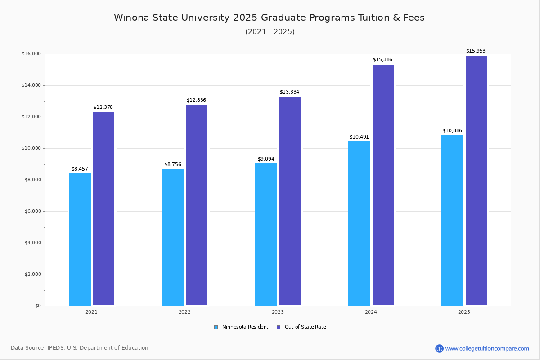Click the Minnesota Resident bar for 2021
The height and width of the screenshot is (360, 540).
point(80,239)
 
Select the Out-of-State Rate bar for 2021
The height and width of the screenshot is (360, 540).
point(103,209)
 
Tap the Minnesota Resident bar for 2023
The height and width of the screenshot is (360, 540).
point(266,234)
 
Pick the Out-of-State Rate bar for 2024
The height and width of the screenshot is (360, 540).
point(383,185)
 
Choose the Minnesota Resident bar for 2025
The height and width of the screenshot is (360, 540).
point(452,220)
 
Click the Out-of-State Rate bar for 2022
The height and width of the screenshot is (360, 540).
point(197,205)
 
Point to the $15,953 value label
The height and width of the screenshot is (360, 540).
point(476,51)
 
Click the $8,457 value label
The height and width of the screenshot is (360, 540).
point(80,169)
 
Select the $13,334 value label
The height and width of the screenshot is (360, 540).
point(289,92)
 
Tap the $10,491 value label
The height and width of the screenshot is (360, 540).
point(359,137)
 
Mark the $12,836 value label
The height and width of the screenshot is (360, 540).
point(196,100)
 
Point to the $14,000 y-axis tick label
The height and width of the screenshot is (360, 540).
point(31,85)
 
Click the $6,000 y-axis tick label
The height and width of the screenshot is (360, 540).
point(31,211)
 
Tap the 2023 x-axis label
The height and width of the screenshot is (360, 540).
point(278,312)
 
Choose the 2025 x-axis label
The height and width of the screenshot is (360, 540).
point(464,312)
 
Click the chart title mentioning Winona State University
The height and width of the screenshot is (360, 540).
point(269,18)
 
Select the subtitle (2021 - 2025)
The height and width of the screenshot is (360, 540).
point(270,32)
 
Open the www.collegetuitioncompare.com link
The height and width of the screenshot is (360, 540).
point(487,348)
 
